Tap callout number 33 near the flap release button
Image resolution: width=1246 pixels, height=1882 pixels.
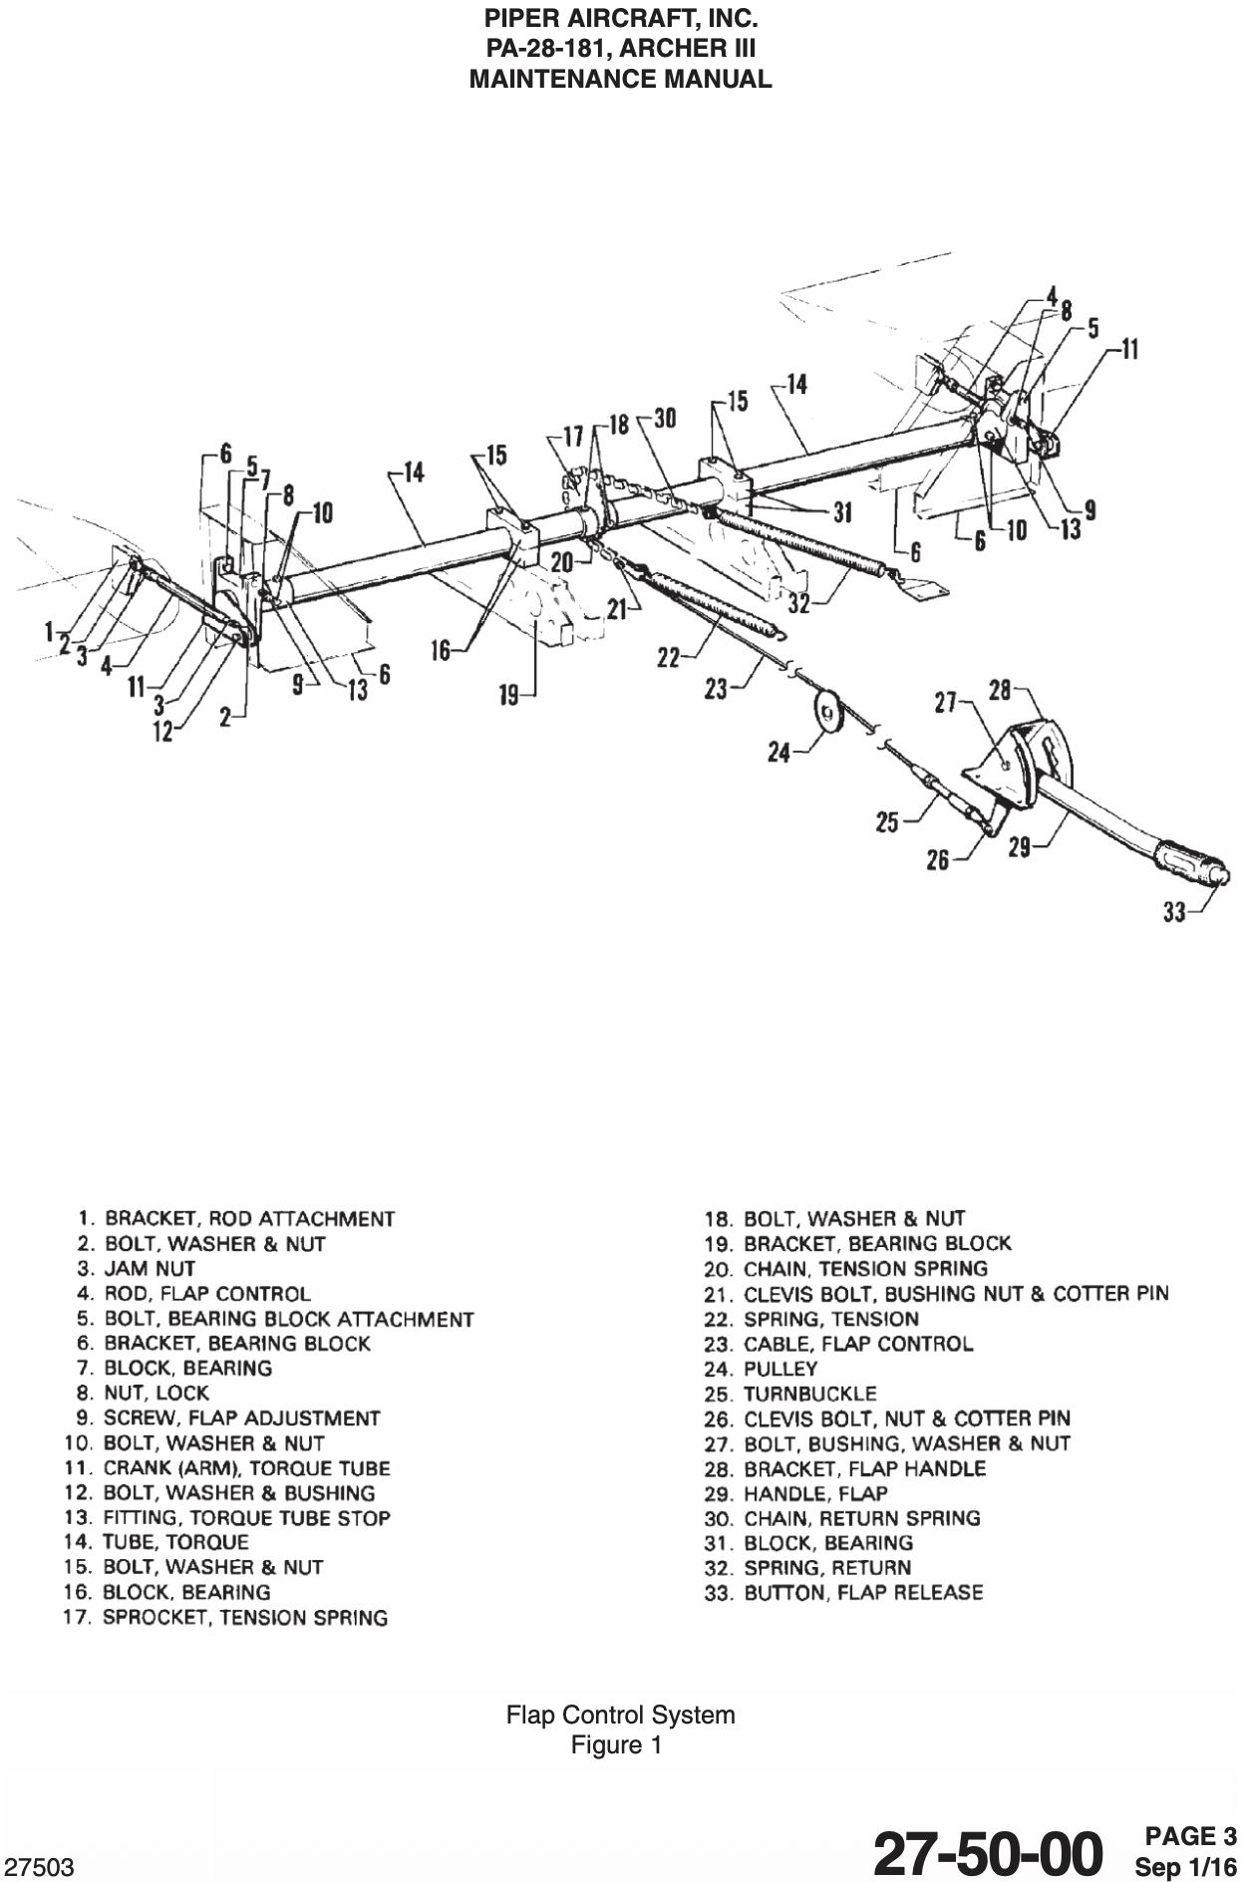point(1175,910)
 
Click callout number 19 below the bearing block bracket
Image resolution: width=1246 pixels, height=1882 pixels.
point(509,695)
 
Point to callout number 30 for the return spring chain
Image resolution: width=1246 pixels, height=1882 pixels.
point(665,419)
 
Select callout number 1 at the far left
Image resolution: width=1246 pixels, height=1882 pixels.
point(48,630)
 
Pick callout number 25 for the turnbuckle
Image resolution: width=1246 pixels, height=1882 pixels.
point(887,822)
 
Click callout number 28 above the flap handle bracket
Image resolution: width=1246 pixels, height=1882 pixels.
point(1000,690)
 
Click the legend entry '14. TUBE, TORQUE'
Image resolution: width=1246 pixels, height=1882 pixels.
point(156,1542)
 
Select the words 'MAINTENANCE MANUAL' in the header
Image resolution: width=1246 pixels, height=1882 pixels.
point(620,80)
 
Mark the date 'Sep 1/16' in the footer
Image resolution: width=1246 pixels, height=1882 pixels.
point(1185,1865)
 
